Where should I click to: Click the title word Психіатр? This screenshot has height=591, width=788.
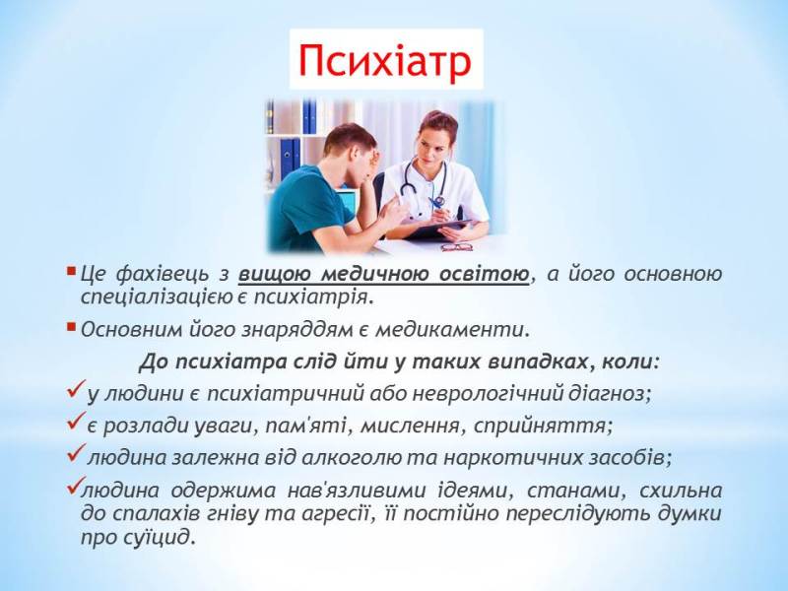386,60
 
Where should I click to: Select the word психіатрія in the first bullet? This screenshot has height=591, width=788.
324,295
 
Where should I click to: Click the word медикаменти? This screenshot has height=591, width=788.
464,329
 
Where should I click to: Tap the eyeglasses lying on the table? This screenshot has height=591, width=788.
456,245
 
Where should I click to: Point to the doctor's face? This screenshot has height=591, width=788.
434,138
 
